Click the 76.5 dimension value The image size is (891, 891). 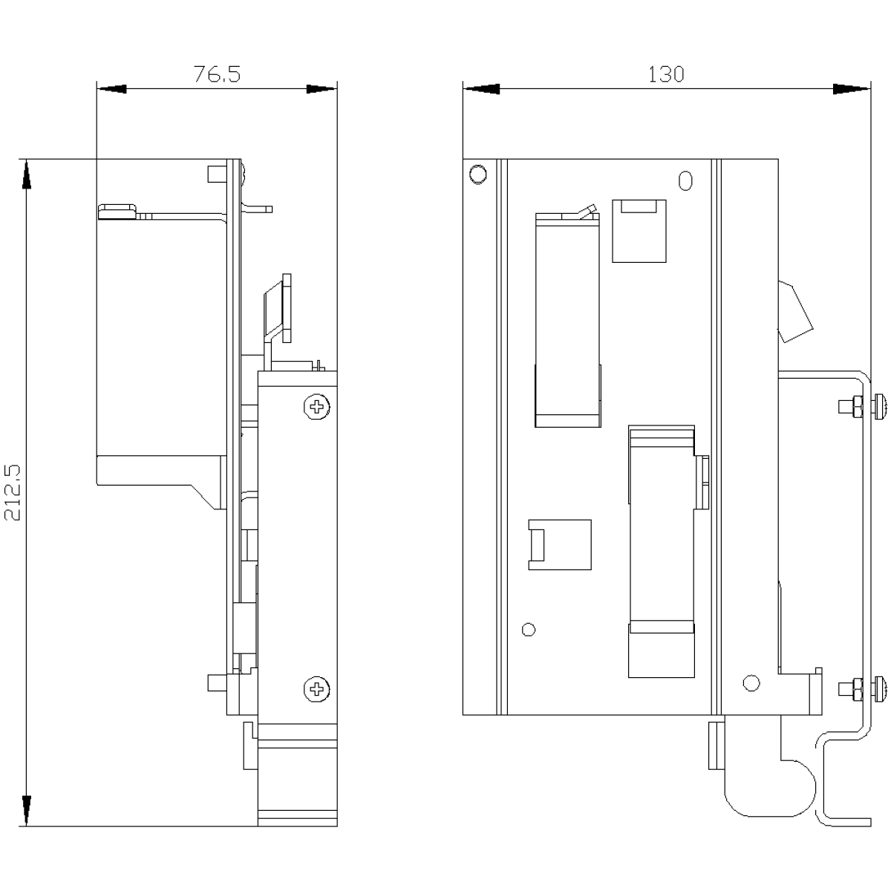[217, 74]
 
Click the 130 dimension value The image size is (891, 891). [666, 74]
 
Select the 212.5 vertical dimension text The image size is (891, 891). [13, 492]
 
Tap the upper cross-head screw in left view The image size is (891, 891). [317, 407]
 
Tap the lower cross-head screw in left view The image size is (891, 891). [317, 689]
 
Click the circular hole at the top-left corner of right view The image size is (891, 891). [477, 174]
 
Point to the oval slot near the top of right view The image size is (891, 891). [685, 180]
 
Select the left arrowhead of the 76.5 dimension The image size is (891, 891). [111, 89]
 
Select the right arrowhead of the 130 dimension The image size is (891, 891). [851, 89]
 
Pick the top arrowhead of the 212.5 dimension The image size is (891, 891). [27, 174]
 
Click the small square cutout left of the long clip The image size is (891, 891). [560, 545]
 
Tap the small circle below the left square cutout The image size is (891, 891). [529, 630]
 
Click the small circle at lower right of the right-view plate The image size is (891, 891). [751, 683]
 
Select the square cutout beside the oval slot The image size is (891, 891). [639, 231]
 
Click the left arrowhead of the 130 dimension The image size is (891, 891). [481, 89]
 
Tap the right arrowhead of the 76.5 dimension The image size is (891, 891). [322, 89]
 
